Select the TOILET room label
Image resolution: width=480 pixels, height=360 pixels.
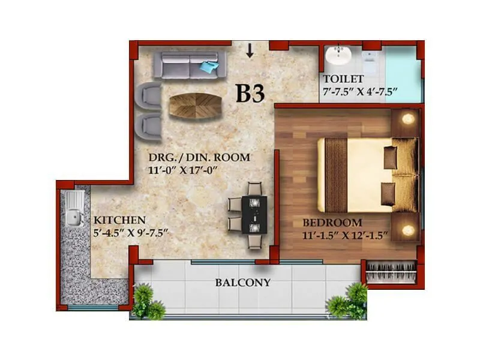(x=343, y=79)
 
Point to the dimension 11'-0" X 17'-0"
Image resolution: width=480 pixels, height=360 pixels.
(x=181, y=170)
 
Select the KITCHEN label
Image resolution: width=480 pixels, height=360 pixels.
(x=120, y=220)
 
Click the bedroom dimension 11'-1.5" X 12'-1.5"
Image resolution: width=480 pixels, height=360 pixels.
(x=347, y=235)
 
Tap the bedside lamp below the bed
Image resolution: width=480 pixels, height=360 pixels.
(x=408, y=229)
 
